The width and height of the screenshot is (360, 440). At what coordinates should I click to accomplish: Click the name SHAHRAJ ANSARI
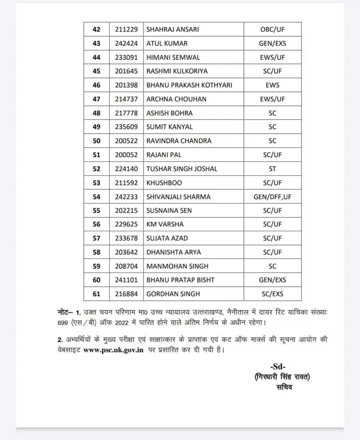point(172,29)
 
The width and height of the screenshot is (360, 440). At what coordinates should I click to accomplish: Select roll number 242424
point(126,43)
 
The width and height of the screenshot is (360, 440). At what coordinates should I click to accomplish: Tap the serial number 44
point(97,57)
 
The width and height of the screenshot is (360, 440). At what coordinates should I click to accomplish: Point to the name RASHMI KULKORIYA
point(177,71)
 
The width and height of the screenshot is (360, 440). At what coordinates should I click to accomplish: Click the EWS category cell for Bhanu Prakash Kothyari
point(272,85)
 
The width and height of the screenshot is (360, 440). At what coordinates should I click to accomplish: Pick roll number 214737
point(126,99)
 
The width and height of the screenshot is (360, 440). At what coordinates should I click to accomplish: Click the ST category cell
point(272,168)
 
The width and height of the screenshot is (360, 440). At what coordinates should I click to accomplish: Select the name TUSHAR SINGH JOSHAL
point(182,168)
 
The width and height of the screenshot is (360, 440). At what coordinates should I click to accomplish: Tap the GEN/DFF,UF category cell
point(272,197)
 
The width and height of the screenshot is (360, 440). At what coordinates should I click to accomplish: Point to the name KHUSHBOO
point(164,182)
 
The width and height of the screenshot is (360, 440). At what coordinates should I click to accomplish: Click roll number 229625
point(126,224)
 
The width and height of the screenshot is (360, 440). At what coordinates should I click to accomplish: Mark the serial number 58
point(97,252)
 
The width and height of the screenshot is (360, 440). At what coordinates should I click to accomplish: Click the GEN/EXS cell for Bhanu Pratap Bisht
point(272,280)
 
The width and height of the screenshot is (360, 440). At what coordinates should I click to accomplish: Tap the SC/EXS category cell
point(272,294)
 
